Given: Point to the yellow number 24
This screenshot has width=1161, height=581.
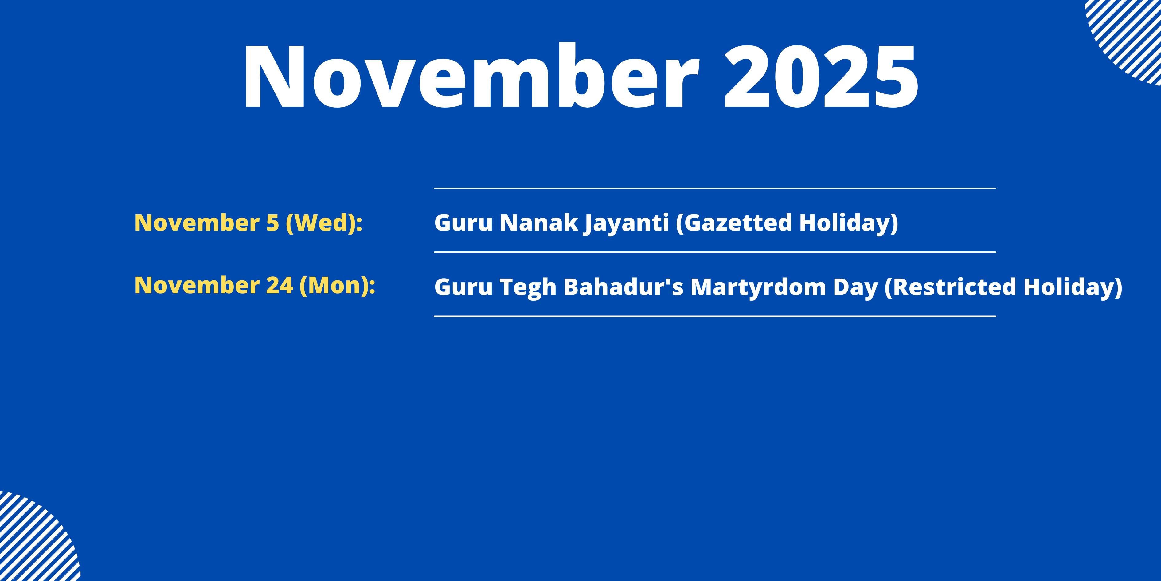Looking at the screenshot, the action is (279, 286).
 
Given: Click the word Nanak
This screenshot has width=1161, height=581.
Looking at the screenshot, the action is (539, 223).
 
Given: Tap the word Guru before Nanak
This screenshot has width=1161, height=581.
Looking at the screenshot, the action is (463, 223).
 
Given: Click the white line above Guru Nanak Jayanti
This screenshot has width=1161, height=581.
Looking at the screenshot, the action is (715, 188).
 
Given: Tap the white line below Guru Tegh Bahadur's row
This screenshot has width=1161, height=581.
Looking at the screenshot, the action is (715, 316).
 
